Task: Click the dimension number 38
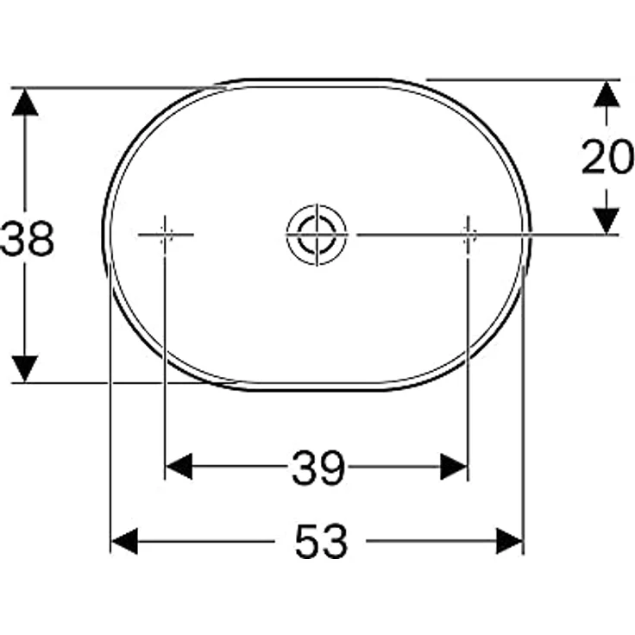28,240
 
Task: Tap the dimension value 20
607,158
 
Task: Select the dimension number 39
317,468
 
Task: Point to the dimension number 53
321,542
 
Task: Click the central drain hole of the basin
316,234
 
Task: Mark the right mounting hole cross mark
468,234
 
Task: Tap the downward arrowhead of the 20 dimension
608,219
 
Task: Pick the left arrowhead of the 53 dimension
126,542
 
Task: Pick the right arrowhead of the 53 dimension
509,542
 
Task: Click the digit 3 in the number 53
335,542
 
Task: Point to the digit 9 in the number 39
331,468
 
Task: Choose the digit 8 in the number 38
41,240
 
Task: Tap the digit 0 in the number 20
621,158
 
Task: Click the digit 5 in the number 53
307,542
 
